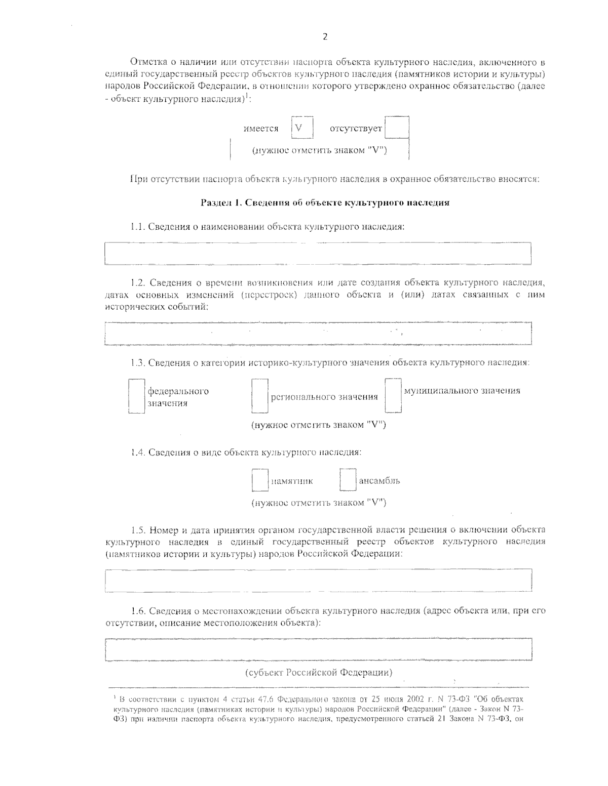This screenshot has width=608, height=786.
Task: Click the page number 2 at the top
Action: point(325,36)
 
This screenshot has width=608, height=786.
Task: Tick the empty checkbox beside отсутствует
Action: point(397,128)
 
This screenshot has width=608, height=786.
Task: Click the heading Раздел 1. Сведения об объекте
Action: point(325,203)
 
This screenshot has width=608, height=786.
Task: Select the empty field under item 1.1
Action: point(318,253)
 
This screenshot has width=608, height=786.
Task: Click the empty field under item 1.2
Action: point(318,334)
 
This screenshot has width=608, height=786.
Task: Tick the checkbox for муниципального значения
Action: point(393,395)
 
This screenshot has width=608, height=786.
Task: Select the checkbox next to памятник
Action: point(260,480)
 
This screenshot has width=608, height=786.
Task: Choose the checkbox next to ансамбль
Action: point(348,480)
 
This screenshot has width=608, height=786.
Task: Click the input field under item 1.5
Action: point(318,580)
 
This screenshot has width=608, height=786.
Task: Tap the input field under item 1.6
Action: point(318,650)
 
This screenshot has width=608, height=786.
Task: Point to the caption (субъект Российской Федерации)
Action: point(319,673)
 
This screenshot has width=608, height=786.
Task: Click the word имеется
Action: point(261,129)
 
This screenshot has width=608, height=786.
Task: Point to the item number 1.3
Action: point(138,363)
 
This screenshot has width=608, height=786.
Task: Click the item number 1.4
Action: point(138,452)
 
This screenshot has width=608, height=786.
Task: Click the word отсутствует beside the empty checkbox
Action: point(356,129)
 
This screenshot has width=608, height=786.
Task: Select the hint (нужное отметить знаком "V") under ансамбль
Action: point(319,503)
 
